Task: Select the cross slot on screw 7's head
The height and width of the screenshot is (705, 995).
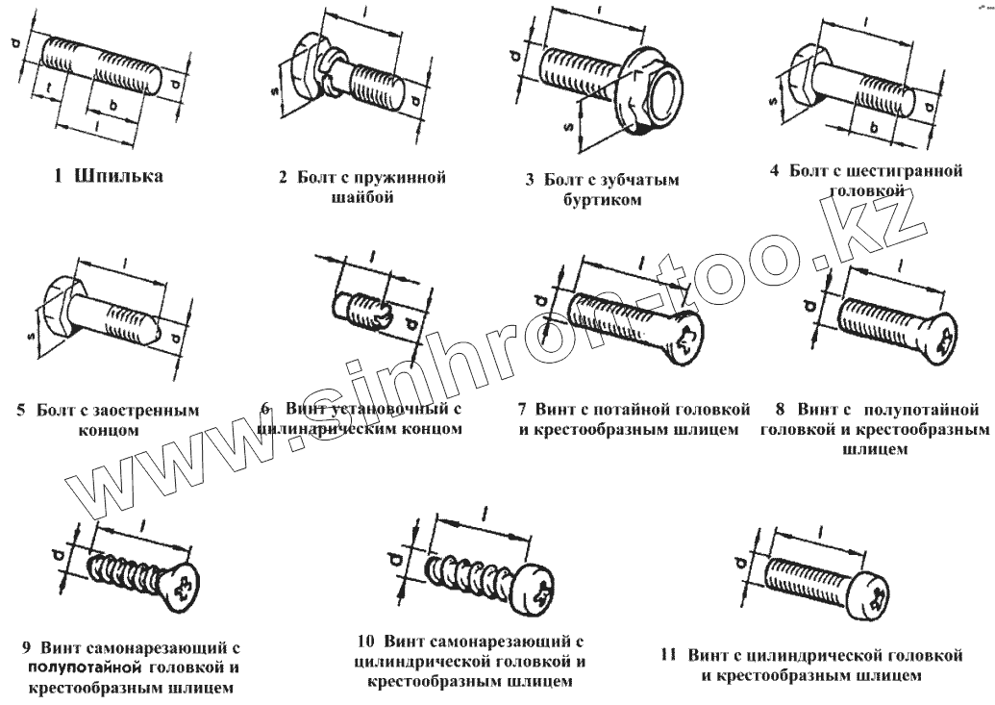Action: tap(688, 340)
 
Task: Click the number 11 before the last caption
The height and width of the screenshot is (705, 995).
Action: tap(669, 656)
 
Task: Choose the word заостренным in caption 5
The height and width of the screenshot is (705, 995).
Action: tap(144, 411)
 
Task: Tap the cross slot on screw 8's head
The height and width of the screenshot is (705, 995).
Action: tap(944, 340)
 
